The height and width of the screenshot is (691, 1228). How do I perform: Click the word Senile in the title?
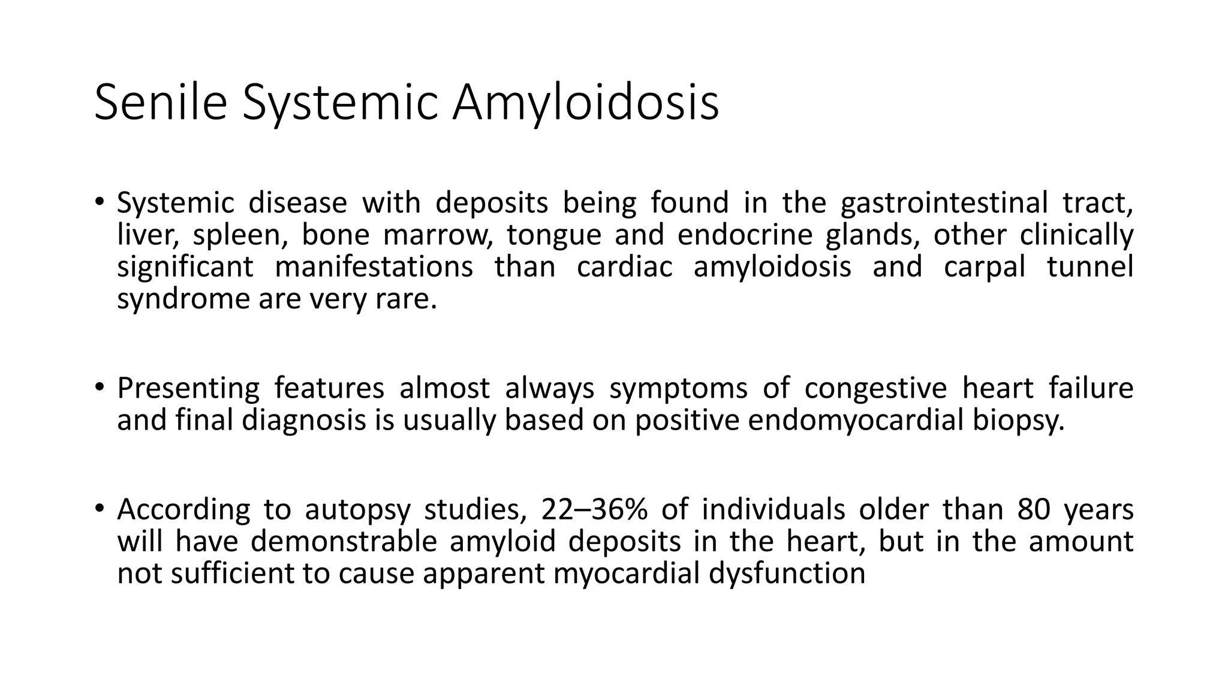pyautogui.click(x=161, y=103)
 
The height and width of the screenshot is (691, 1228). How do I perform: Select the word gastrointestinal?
pyautogui.click(x=944, y=203)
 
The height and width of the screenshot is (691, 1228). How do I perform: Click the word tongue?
pyautogui.click(x=553, y=235)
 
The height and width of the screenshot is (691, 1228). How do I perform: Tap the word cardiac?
pyautogui.click(x=625, y=266)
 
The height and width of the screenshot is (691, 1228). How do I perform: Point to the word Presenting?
pyautogui.click(x=188, y=388)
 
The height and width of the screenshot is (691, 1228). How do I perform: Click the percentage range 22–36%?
pyautogui.click(x=594, y=510)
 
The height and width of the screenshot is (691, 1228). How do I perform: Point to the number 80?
pyautogui.click(x=1034, y=510)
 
